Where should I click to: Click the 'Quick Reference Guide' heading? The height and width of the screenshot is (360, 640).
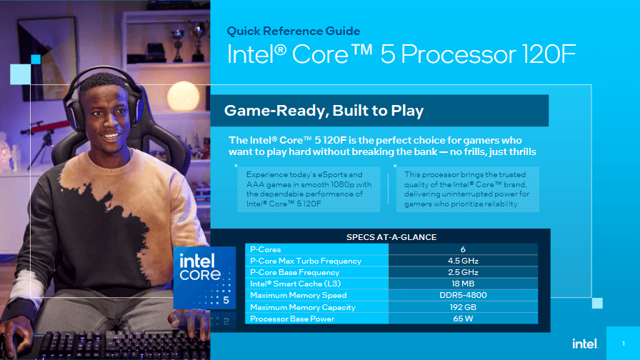[294, 31]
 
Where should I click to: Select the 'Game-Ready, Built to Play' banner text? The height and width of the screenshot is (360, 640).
[324, 111]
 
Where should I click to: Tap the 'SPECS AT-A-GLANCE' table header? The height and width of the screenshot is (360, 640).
[391, 237]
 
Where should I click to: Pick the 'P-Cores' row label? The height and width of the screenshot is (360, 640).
[266, 249]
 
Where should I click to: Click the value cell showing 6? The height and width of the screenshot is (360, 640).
[463, 249]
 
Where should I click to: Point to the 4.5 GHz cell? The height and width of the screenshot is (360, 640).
[463, 261]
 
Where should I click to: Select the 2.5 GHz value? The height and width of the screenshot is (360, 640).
[463, 272]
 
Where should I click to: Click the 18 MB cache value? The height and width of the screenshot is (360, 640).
[463, 284]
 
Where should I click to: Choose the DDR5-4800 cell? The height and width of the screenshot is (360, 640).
[463, 295]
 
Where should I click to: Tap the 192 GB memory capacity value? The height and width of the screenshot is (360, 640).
[463, 307]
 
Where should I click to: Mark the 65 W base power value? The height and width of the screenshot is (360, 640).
[463, 319]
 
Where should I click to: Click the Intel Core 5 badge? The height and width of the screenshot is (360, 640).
[205, 279]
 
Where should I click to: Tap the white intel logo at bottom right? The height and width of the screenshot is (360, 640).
[584, 344]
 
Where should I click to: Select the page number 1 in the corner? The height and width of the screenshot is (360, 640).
[623, 344]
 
